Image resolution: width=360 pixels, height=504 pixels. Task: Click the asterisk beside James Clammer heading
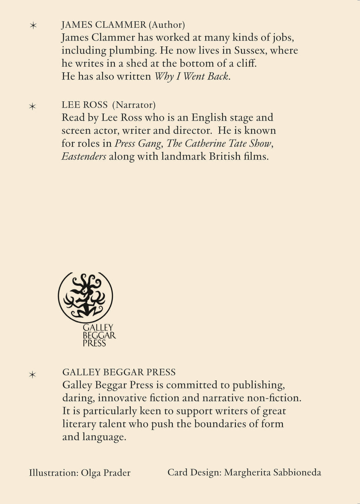coord(33,26)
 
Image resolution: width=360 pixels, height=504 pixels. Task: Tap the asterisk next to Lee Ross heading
coord(33,106)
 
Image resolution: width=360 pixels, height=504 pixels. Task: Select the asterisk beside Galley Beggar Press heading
coord(33,375)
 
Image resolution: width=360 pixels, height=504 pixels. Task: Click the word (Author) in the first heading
coord(167,25)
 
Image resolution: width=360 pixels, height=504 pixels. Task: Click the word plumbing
coord(133,51)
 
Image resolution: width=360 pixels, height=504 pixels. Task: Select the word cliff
coord(246,63)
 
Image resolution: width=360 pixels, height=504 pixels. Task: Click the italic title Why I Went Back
coord(192,76)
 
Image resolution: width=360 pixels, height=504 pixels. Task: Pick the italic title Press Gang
coord(138,143)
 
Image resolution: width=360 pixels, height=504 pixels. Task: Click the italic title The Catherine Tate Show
coord(219,143)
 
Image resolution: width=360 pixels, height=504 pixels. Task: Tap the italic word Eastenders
coord(84,157)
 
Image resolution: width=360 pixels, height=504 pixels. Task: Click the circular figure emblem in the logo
coord(85,296)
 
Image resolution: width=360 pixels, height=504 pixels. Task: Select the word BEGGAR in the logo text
coord(99,336)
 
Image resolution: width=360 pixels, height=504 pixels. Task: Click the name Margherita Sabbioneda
coord(272,472)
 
